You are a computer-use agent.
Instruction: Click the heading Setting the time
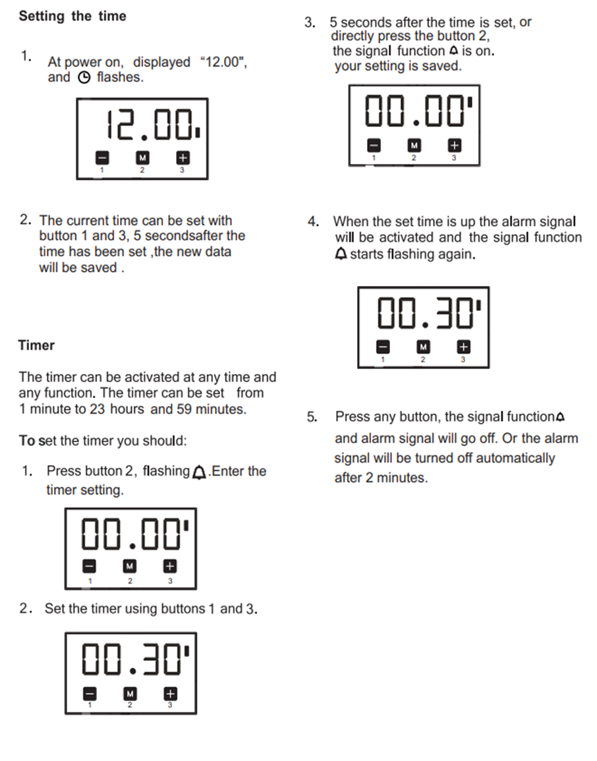click(x=72, y=16)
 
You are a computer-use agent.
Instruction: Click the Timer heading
click(x=36, y=345)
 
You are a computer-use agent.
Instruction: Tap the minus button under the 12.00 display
click(x=102, y=158)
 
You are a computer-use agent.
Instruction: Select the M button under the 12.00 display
click(x=142, y=158)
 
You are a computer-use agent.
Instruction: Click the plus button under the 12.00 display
click(x=183, y=158)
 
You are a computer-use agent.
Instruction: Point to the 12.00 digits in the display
click(x=149, y=125)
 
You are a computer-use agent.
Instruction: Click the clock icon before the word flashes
click(x=84, y=78)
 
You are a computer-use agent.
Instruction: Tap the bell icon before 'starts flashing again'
click(x=341, y=254)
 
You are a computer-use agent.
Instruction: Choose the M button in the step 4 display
click(x=423, y=347)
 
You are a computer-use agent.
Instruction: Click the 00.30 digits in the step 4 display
click(x=425, y=314)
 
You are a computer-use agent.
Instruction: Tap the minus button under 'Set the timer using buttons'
click(x=90, y=694)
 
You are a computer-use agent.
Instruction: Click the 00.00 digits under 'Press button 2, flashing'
click(x=131, y=534)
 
